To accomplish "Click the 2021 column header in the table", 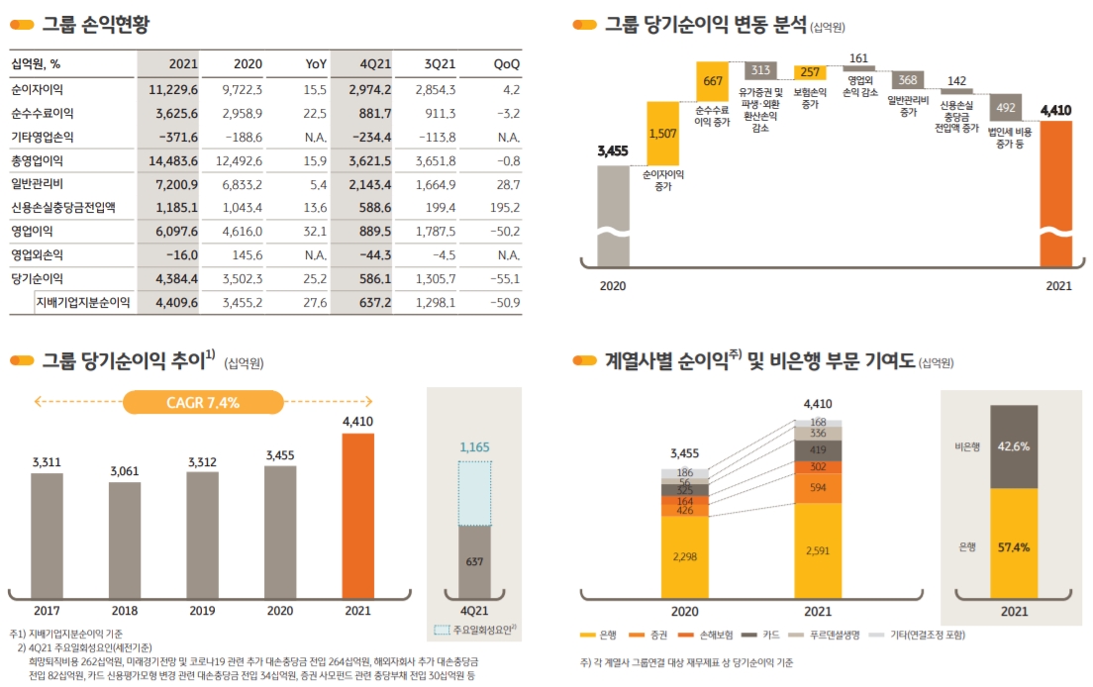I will click(x=183, y=64).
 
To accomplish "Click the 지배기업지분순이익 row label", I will click(x=83, y=303).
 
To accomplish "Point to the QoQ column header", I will click(x=506, y=64).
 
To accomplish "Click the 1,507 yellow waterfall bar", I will click(x=663, y=133).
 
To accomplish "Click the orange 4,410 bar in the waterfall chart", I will click(x=1055, y=193).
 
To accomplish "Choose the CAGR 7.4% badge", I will click(x=203, y=402).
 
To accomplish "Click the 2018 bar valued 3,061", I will click(x=125, y=536).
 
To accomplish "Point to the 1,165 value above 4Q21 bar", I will click(x=474, y=447).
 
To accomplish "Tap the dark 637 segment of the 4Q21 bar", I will click(x=474, y=562).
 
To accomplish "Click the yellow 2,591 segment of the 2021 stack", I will click(x=818, y=549).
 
